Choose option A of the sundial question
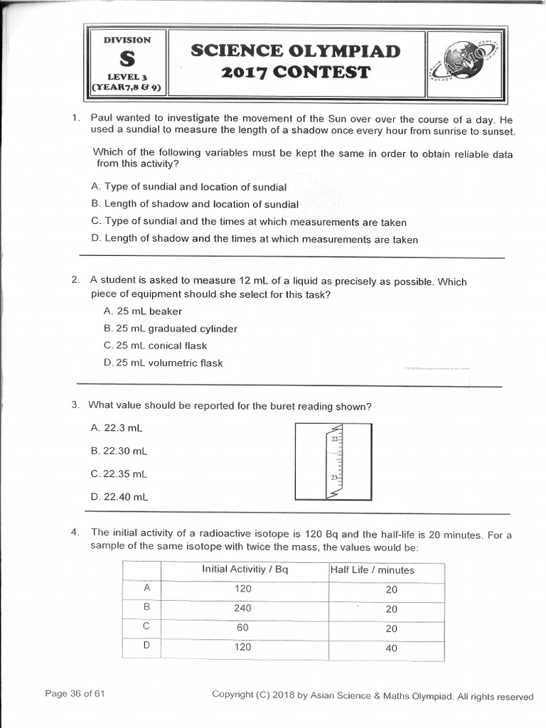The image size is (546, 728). click(189, 187)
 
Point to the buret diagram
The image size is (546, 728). click(333, 462)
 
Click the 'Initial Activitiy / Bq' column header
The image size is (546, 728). click(245, 569)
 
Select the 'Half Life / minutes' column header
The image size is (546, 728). click(372, 570)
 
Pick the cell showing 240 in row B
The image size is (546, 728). click(243, 609)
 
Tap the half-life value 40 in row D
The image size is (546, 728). click(391, 648)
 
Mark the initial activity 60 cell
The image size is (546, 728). click(243, 628)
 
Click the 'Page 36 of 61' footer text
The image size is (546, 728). click(75, 694)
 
